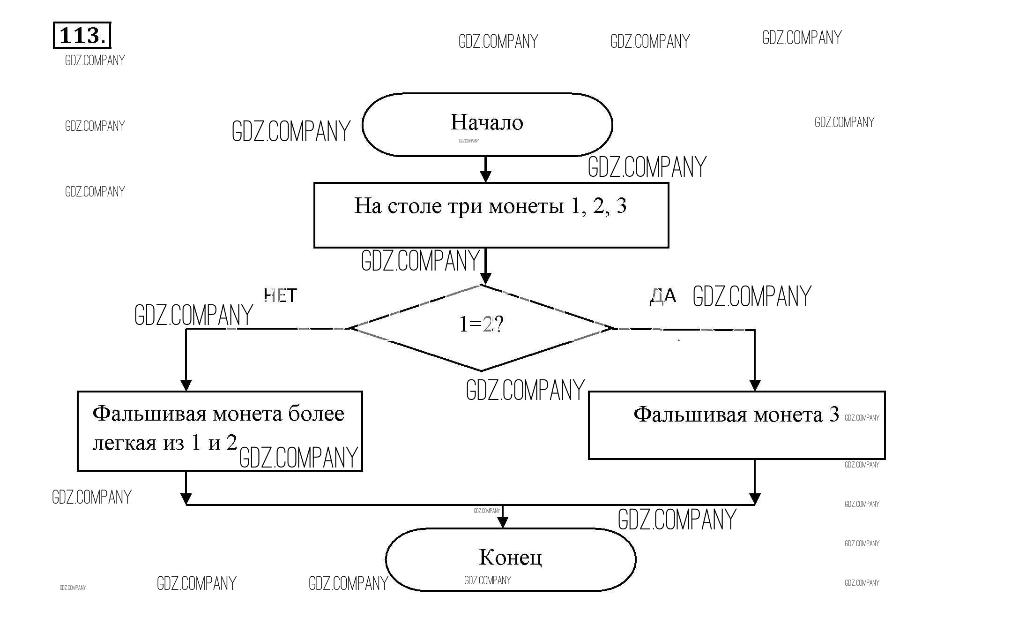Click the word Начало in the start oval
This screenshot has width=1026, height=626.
487,122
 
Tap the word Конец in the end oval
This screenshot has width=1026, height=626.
510,557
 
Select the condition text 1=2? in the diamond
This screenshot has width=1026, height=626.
481,324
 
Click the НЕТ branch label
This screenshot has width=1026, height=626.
280,295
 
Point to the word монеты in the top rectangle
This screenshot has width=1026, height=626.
526,206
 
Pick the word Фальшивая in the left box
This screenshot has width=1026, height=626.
149,414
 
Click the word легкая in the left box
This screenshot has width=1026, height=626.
124,443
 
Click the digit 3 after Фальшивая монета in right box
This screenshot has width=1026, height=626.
834,415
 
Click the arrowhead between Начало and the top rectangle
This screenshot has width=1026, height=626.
486,176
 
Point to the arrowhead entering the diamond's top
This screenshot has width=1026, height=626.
486,278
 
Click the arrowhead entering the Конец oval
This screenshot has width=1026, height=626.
503,522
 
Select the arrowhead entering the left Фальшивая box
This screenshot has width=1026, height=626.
186,385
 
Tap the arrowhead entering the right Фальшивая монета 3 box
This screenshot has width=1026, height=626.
754,385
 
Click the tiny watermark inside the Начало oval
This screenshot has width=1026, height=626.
468,141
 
